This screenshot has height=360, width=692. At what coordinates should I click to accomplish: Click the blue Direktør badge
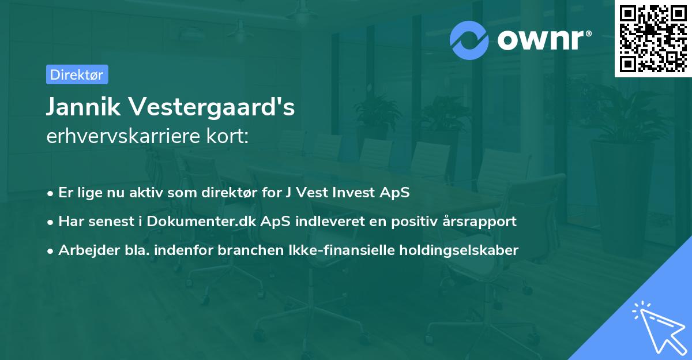(x=77, y=74)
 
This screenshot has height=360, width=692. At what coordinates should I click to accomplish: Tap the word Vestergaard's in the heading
(x=213, y=108)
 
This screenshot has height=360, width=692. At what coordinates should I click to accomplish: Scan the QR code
(x=653, y=39)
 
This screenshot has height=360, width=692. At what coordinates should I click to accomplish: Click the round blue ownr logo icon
(x=469, y=40)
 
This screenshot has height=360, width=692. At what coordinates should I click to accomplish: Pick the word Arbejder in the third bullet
(x=83, y=250)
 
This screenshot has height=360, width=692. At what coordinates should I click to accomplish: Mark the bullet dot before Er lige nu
(x=51, y=193)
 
